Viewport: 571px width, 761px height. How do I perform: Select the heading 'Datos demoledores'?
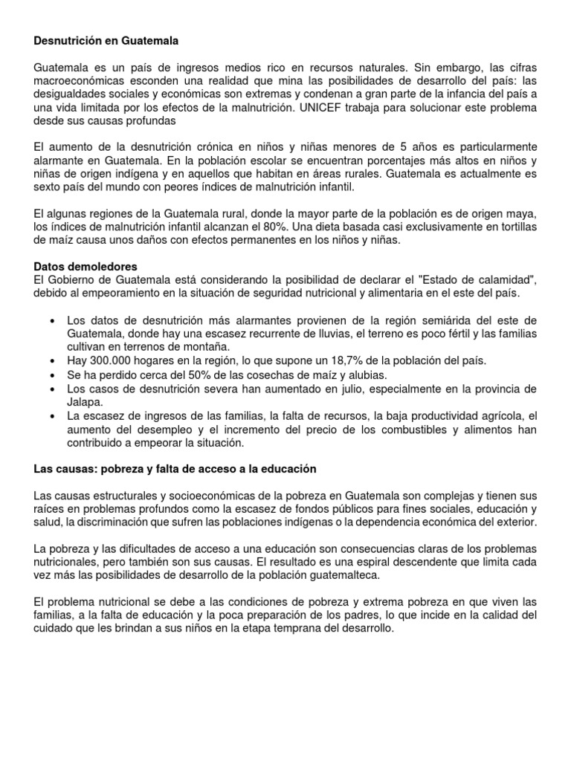86,265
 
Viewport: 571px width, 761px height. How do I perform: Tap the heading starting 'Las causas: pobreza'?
175,469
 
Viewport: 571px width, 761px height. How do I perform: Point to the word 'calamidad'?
497,279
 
